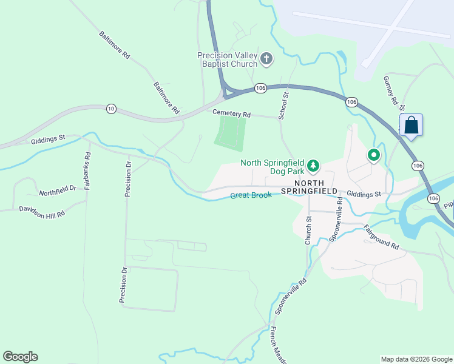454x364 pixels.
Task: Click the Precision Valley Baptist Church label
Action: [x=228, y=60]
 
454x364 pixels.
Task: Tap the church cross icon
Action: [x=266, y=59]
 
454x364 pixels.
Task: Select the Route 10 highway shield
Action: [x=110, y=109]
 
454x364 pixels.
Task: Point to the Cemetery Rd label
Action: [x=231, y=113]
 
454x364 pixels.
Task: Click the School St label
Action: [x=283, y=103]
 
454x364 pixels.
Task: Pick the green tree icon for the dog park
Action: [x=313, y=165]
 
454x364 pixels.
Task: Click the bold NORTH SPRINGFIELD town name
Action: [x=316, y=187]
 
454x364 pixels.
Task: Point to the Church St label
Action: [x=308, y=231]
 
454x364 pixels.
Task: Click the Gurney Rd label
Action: [x=390, y=89]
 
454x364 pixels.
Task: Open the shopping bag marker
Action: [x=411, y=126]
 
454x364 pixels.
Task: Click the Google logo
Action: [x=20, y=357]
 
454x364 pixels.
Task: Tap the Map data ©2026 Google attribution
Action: [x=416, y=359]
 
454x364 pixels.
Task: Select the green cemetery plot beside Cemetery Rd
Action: [x=231, y=133]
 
